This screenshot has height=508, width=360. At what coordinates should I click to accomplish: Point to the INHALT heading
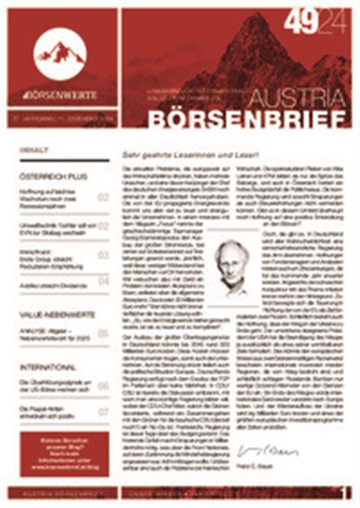point(34,150)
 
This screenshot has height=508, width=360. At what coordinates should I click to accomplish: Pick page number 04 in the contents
point(103,281)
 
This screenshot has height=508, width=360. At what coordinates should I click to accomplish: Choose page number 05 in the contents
point(103,333)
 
